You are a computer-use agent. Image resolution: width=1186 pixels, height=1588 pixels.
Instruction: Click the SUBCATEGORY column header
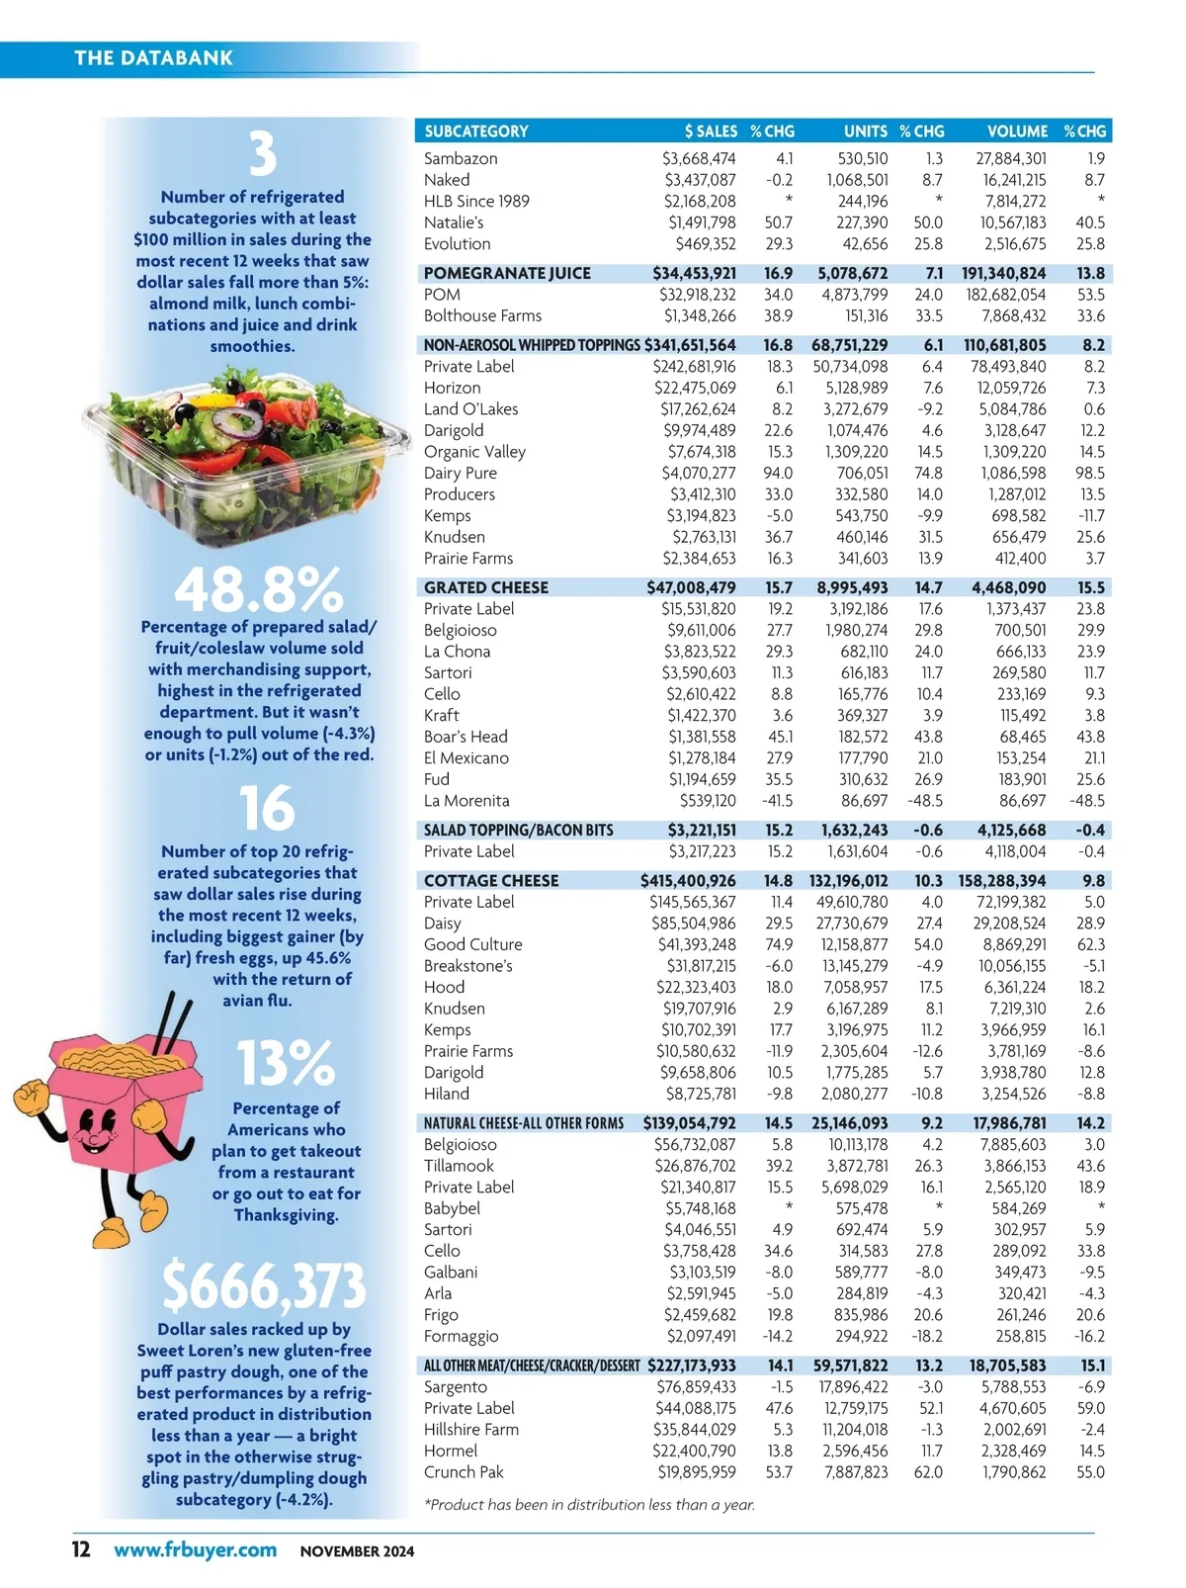475,132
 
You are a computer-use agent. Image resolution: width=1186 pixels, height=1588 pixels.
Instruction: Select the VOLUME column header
1017,132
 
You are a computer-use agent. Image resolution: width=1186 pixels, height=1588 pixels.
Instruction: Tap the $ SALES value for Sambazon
700,158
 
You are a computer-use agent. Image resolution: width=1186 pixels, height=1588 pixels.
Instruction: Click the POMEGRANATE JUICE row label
507,273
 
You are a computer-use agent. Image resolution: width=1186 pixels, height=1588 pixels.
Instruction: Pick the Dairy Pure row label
460,473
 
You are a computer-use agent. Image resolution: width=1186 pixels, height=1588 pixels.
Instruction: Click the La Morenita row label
466,801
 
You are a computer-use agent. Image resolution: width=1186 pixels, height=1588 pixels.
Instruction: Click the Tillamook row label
459,1166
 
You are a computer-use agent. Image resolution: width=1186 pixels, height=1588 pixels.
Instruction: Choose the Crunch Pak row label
464,1472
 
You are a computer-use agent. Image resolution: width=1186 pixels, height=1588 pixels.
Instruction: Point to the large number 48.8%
259,590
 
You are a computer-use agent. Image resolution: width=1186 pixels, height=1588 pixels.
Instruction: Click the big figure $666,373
264,1285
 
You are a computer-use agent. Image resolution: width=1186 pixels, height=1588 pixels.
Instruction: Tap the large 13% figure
286,1063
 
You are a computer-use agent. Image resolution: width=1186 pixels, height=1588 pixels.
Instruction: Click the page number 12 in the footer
81,1549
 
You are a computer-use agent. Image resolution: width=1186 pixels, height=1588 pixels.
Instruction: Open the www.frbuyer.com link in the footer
195,1549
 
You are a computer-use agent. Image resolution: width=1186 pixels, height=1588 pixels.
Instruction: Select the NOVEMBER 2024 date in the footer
357,1551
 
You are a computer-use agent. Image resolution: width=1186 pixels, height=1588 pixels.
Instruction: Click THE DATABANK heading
153,57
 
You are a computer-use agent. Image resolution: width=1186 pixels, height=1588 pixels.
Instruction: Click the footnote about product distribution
589,1505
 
